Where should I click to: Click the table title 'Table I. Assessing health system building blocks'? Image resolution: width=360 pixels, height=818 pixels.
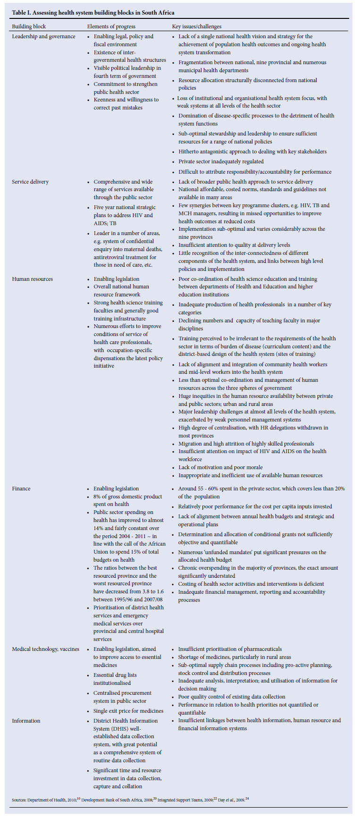[x=93, y=12]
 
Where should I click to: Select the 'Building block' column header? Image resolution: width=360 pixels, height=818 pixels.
[x=29, y=26]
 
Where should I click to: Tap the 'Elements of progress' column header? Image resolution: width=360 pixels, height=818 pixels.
[x=111, y=26]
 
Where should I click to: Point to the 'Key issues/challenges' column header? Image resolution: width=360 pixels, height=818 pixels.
[x=197, y=26]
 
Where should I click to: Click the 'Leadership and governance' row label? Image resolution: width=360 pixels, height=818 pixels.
[x=43, y=36]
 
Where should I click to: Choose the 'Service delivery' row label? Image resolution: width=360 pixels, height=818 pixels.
[x=30, y=182]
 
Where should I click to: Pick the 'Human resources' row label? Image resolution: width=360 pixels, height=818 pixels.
[x=32, y=279]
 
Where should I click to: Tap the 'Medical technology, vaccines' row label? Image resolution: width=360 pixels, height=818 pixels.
[x=45, y=649]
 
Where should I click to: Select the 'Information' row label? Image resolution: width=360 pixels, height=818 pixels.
[x=26, y=721]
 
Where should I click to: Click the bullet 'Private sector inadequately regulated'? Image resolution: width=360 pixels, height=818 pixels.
[x=221, y=161]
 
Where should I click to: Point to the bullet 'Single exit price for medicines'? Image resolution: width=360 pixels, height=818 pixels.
[x=128, y=711]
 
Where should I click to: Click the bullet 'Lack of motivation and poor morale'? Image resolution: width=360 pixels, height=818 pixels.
[x=220, y=467]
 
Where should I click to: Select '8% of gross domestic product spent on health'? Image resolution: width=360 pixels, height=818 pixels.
[x=127, y=500]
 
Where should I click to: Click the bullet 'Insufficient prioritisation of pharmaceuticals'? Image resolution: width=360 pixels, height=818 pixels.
[x=230, y=649]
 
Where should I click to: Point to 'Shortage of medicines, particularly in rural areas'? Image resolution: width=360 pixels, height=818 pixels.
[x=234, y=657]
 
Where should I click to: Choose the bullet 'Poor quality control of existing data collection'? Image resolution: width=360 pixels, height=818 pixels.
[x=232, y=697]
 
